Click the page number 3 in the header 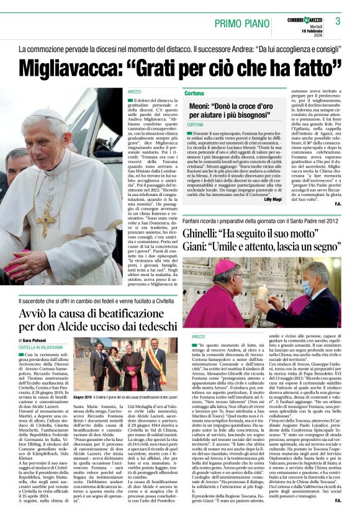(337, 22)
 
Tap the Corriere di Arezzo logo (305, 20)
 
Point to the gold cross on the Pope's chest (45, 217)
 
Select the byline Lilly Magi (272, 199)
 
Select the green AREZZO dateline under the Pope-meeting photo (199, 336)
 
